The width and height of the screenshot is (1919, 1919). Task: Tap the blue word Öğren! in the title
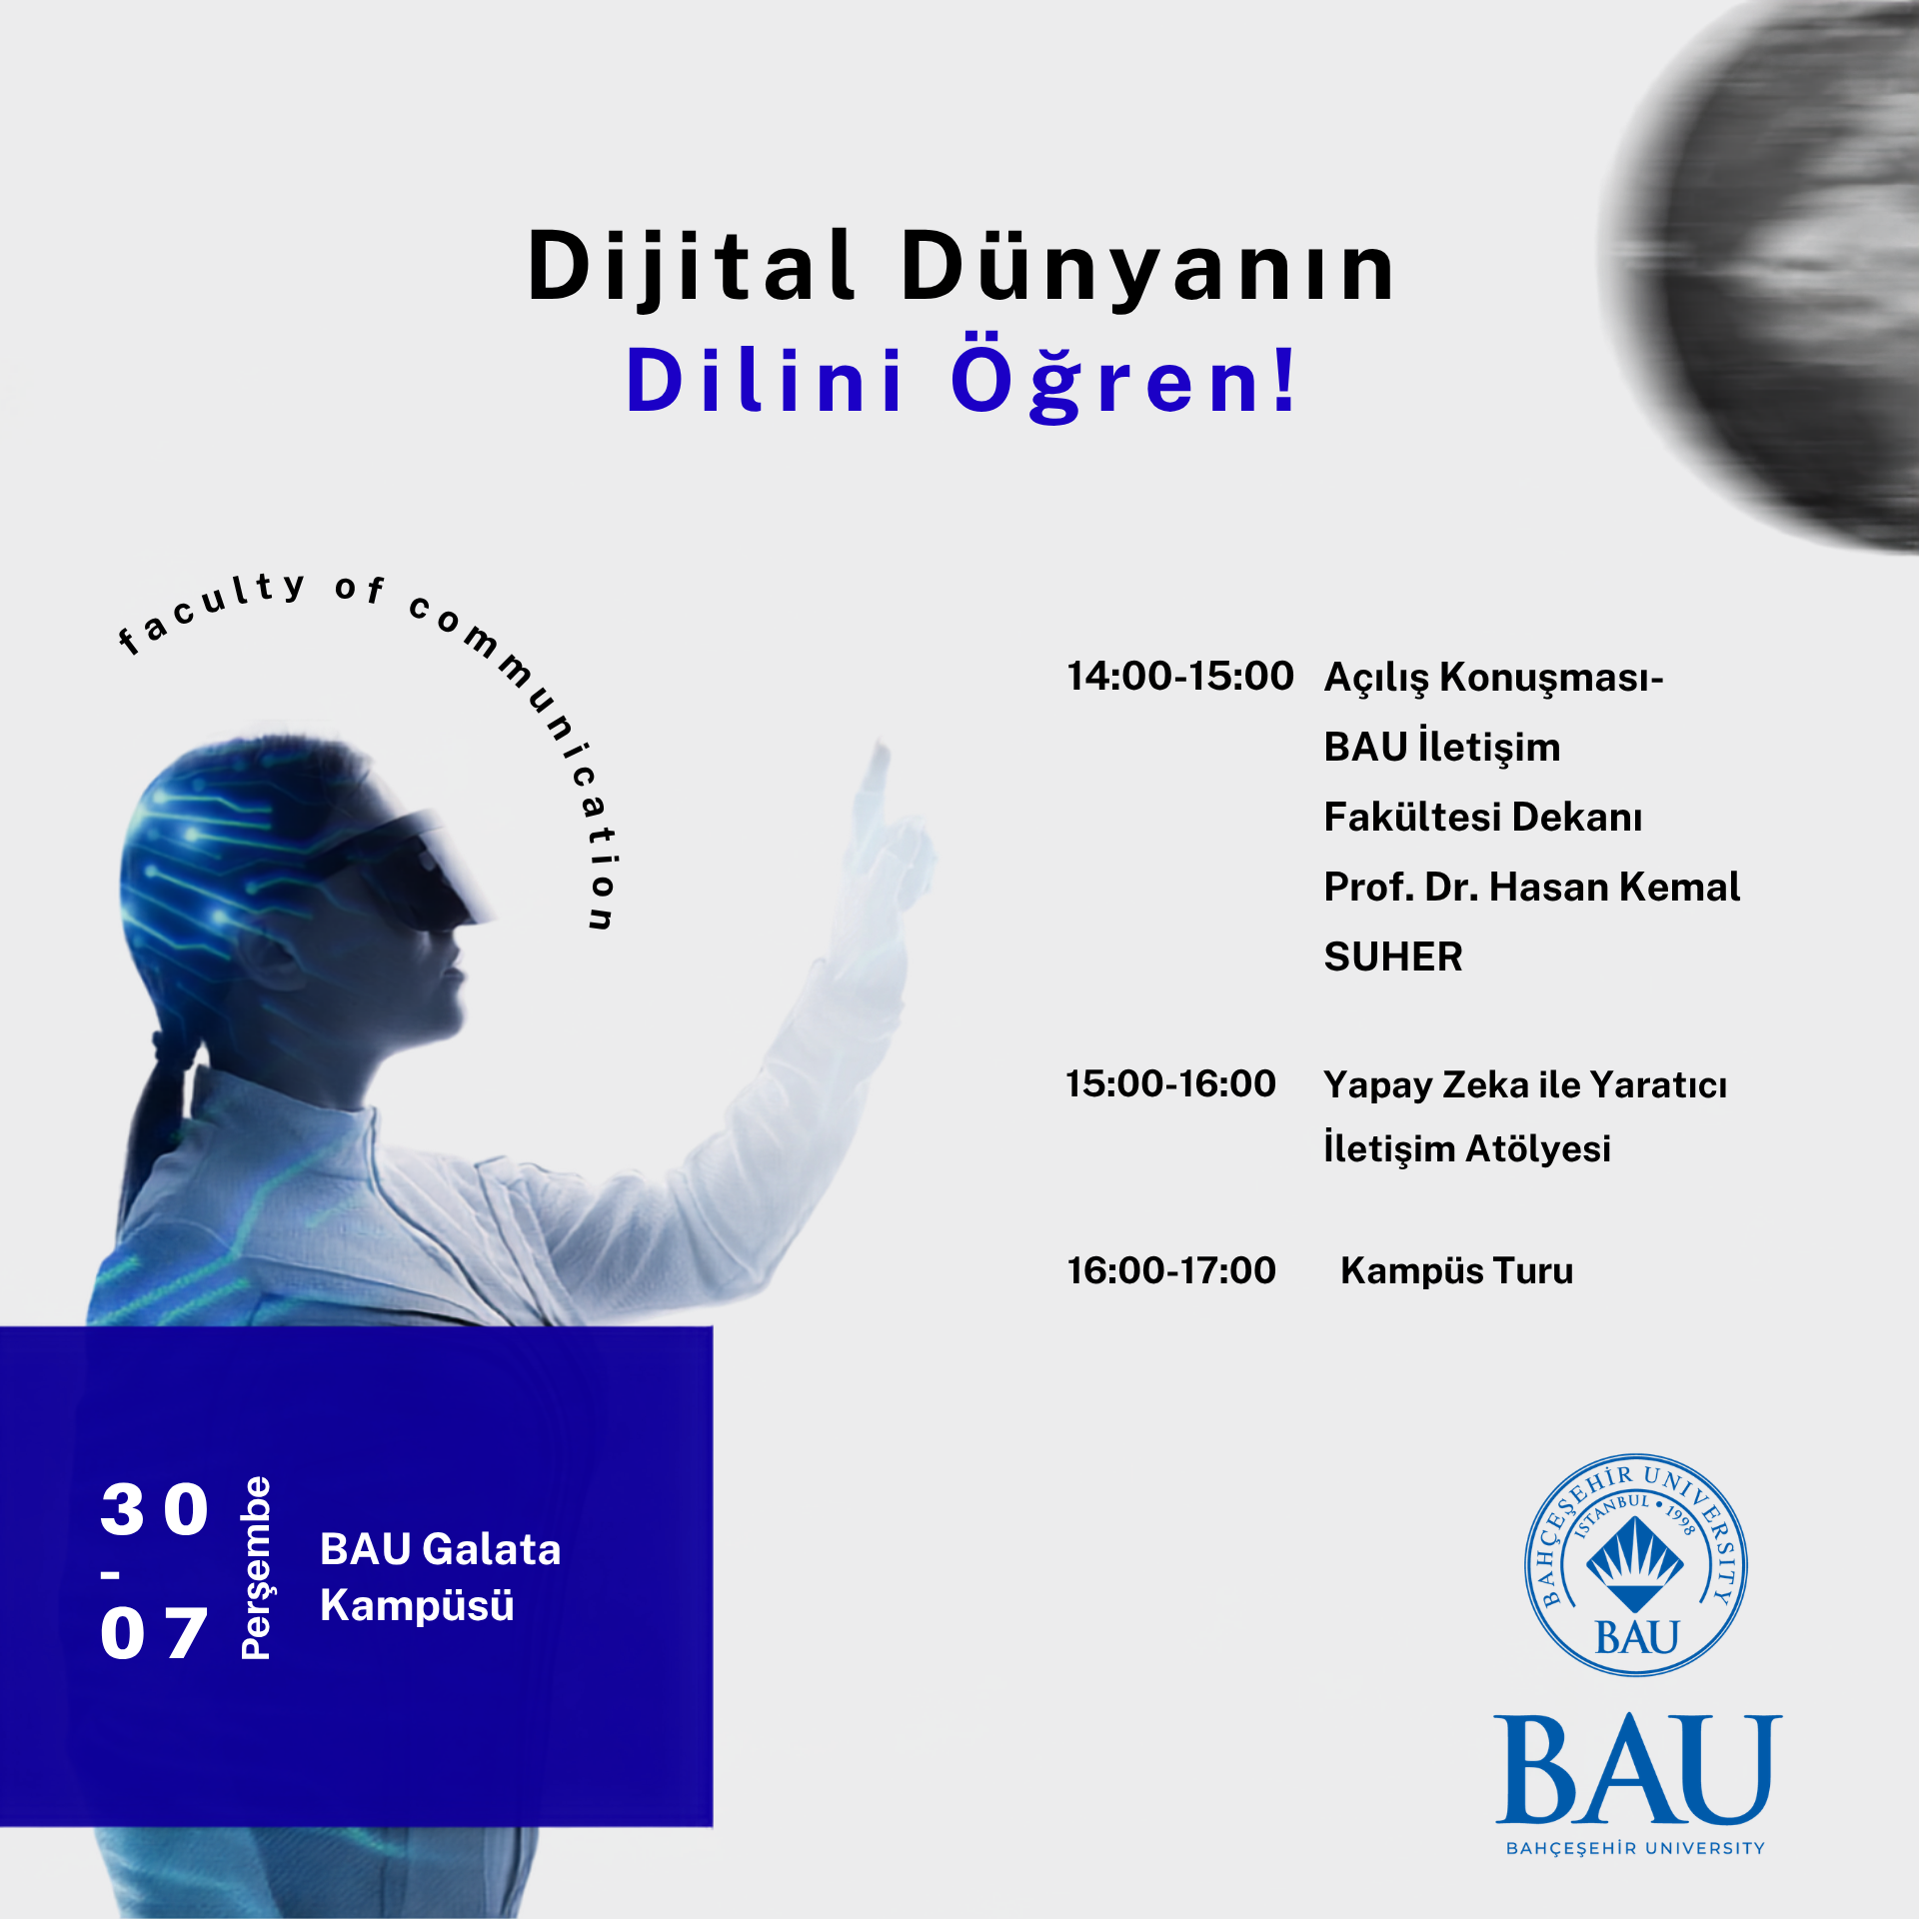pyautogui.click(x=1123, y=383)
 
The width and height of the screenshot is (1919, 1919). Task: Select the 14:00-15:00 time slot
pyautogui.click(x=1179, y=677)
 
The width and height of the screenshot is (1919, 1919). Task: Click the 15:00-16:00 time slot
pyautogui.click(x=1170, y=1083)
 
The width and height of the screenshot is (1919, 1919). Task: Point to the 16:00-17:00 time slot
pyautogui.click(x=1171, y=1271)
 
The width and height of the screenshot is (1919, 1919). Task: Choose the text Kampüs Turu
pyautogui.click(x=1456, y=1271)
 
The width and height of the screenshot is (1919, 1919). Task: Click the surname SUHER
pyautogui.click(x=1393, y=958)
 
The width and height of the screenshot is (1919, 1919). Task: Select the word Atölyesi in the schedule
pyautogui.click(x=1538, y=1149)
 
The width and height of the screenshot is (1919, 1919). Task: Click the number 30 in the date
pyautogui.click(x=155, y=1509)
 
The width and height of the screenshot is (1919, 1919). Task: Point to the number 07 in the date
pyautogui.click(x=154, y=1634)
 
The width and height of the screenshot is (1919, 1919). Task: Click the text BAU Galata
pyautogui.click(x=440, y=1549)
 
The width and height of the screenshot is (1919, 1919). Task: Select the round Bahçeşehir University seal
pyautogui.click(x=1635, y=1565)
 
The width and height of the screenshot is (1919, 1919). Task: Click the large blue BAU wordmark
pyautogui.click(x=1637, y=1770)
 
